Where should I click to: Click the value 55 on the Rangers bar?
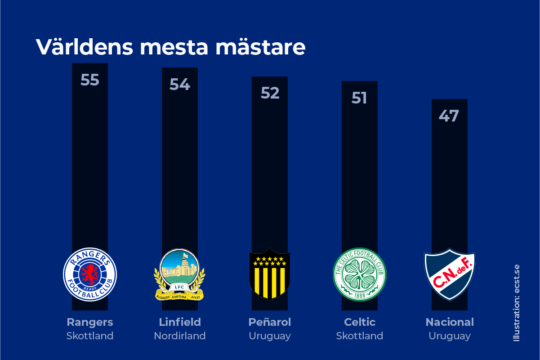click(89, 80)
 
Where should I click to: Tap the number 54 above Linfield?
click(179, 84)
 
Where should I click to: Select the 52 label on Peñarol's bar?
click(270, 93)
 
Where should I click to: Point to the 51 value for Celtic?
click(359, 98)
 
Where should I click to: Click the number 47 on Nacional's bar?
click(449, 116)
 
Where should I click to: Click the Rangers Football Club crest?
click(90, 274)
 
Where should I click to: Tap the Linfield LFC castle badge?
click(179, 274)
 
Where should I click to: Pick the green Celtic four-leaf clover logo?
click(359, 274)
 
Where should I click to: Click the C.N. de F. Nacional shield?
click(450, 274)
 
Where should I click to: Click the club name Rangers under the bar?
click(90, 322)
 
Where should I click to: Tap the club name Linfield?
click(180, 322)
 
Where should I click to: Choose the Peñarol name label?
click(270, 322)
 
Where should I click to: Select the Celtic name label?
click(360, 322)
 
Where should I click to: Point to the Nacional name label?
click(450, 322)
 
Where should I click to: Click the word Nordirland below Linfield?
click(180, 336)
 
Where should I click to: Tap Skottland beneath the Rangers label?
click(90, 336)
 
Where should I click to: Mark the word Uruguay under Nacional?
click(450, 336)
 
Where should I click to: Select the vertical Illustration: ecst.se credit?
click(517, 302)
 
